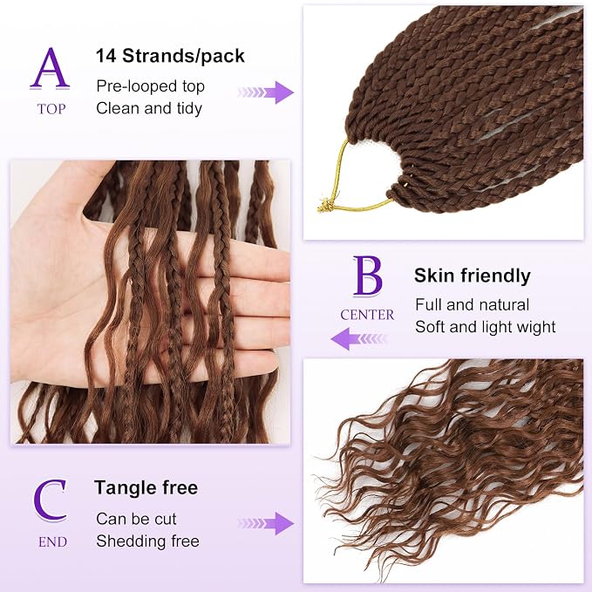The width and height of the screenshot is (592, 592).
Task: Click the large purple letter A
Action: tap(50, 69)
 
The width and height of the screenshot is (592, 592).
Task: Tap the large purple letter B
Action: tap(367, 276)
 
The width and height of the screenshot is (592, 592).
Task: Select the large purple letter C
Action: tap(50, 500)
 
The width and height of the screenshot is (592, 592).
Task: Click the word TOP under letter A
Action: tap(51, 109)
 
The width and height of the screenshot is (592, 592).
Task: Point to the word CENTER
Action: tap(367, 315)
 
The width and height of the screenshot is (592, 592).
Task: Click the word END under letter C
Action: tap(52, 541)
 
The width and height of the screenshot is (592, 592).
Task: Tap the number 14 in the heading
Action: tap(106, 56)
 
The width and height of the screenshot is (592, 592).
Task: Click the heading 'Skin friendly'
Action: tap(473, 276)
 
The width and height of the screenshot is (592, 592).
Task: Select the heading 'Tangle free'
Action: tap(146, 487)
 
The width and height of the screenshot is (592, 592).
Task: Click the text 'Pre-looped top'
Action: tap(150, 86)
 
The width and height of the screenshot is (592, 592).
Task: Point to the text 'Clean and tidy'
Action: tap(149, 109)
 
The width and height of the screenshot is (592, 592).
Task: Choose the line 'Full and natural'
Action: tap(472, 304)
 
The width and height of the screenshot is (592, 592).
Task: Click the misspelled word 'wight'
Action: tap(536, 327)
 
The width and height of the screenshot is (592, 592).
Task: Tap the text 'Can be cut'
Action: tap(136, 519)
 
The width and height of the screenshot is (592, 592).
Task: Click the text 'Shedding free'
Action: tap(147, 541)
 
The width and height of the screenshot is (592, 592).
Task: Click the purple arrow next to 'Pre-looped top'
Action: tap(266, 92)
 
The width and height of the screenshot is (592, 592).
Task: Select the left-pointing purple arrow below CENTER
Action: tap(359, 338)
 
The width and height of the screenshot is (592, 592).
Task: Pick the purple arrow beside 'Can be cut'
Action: tap(266, 523)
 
